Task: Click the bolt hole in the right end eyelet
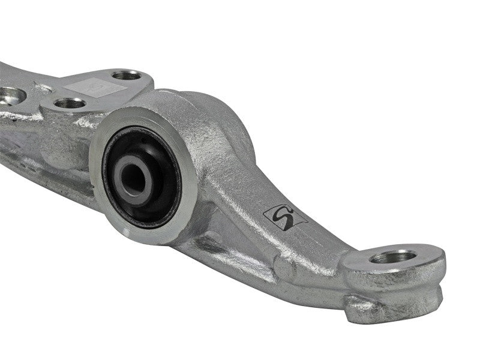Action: (x=393, y=256)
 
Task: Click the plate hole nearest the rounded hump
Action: (x=127, y=75)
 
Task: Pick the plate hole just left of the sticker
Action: (x=70, y=103)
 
